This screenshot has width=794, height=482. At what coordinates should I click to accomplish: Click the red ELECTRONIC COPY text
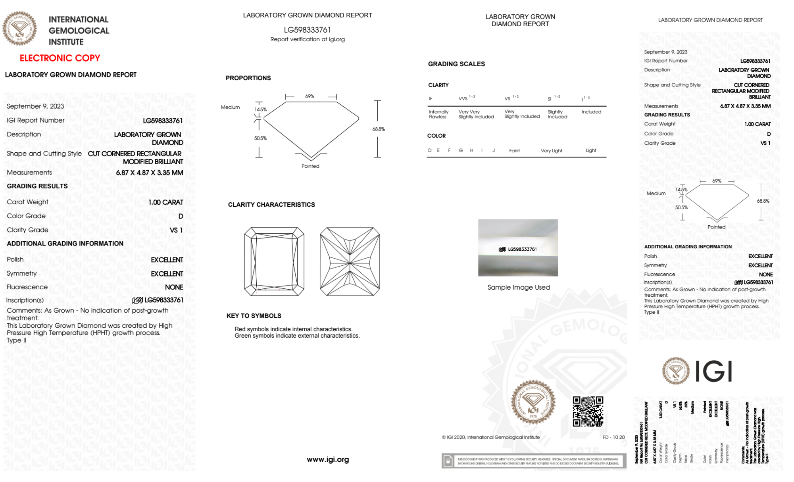point(60,58)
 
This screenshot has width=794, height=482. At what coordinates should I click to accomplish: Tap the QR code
point(588,411)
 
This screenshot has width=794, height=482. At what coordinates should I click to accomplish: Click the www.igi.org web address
point(328,459)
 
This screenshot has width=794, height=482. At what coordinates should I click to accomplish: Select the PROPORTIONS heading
point(248,78)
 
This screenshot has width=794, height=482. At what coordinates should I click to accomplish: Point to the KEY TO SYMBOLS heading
point(254,316)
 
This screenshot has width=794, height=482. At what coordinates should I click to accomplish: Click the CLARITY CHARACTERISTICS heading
point(271,205)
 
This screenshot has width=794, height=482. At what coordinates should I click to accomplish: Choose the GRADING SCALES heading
point(456,64)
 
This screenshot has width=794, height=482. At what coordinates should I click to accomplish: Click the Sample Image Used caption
point(519,287)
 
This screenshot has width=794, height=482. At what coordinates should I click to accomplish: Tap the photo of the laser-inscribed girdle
point(518,248)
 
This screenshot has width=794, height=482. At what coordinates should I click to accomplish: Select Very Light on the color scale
point(551,151)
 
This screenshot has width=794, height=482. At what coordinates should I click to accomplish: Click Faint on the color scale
point(514,151)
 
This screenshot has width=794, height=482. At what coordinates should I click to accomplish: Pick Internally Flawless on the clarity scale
point(438,114)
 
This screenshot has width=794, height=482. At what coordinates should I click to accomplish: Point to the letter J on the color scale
point(494,150)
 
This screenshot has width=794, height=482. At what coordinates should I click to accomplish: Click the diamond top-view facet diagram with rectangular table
point(274,261)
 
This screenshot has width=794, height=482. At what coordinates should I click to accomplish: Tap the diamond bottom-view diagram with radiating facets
point(350,261)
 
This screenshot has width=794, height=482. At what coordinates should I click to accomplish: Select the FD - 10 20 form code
point(613,437)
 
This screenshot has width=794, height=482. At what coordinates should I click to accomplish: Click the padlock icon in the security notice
point(448,461)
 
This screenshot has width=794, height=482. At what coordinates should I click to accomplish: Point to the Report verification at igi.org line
point(308,39)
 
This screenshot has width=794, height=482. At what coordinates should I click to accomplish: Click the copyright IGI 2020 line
point(491,437)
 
